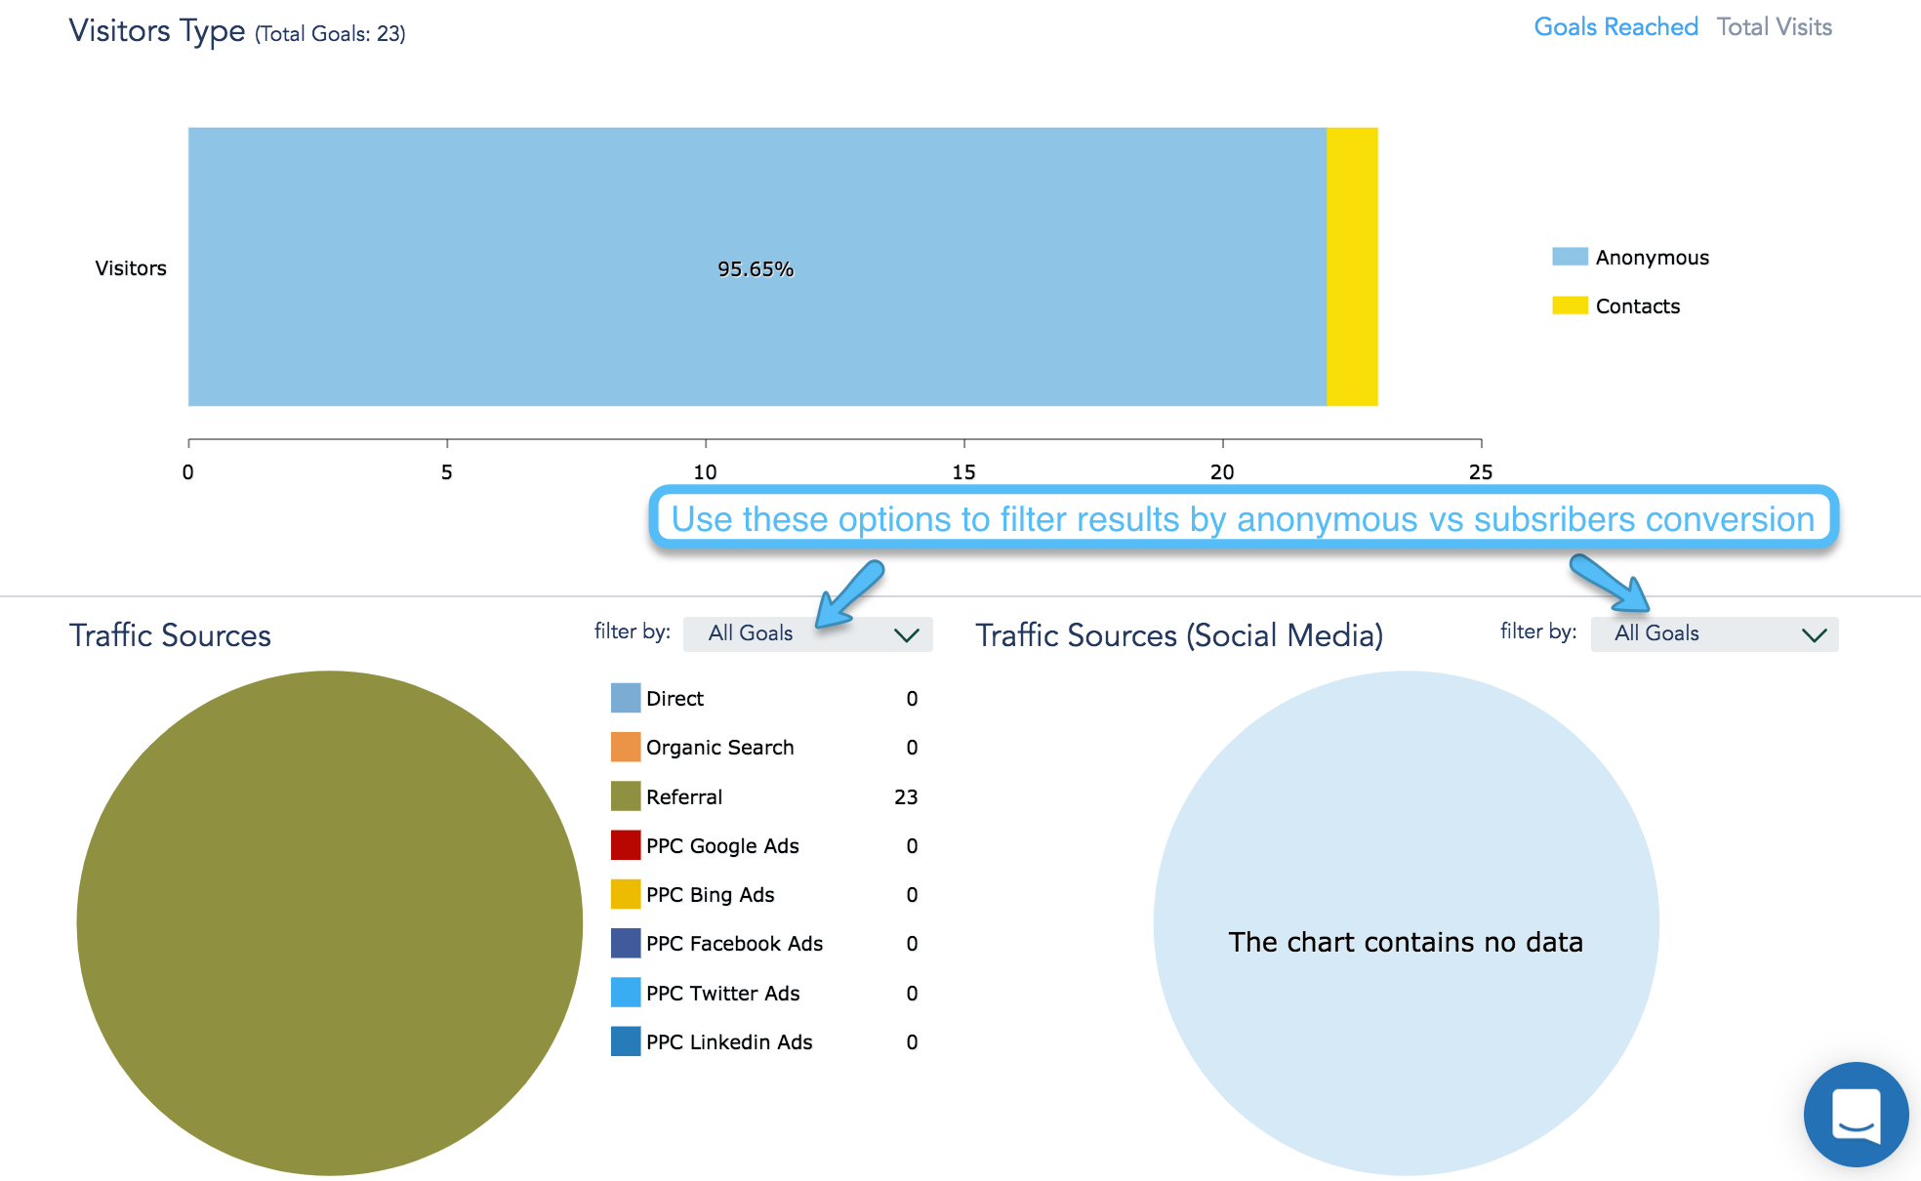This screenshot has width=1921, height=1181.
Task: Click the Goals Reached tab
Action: [1615, 27]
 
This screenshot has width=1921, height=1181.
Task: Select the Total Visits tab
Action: [1774, 27]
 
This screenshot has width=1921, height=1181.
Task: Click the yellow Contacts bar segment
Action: [1352, 266]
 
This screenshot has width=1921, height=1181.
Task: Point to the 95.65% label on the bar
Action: [756, 269]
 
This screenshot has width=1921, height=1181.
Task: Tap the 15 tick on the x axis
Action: [963, 472]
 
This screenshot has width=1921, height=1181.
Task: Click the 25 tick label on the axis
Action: [1480, 472]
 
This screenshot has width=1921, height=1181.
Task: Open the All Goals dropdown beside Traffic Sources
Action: [808, 634]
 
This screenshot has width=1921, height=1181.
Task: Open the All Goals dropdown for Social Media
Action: [1714, 634]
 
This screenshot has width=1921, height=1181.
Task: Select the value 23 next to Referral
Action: [906, 797]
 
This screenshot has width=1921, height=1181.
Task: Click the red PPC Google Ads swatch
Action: [626, 845]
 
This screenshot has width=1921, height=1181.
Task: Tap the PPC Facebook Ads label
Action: [734, 944]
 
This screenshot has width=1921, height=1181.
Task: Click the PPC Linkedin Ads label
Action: [729, 1042]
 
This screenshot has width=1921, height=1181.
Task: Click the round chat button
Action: [1856, 1115]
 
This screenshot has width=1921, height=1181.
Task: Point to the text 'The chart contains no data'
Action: [1406, 942]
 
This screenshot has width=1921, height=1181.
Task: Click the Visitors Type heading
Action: [157, 31]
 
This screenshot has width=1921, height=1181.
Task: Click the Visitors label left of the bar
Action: [131, 268]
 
